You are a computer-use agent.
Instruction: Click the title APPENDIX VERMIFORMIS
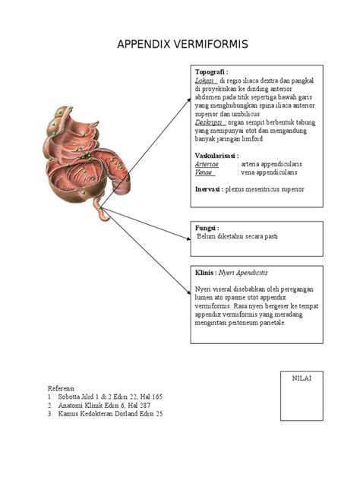coord(182,46)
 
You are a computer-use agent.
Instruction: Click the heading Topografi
coord(212,71)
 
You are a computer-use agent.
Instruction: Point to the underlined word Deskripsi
coord(210,122)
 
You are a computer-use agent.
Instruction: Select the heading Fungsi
coord(207,227)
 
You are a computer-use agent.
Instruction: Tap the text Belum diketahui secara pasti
coord(238,236)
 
